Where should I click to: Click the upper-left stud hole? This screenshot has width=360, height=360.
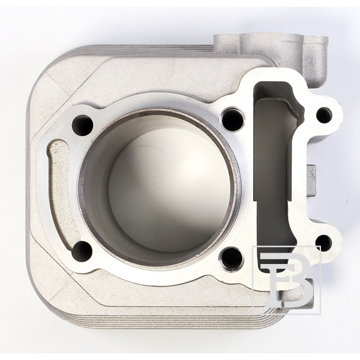coord(82,125)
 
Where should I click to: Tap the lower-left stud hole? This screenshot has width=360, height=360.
coord(82,251)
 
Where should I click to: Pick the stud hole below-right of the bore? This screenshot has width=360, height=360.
coord(230,258)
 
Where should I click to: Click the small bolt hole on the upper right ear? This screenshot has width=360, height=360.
coord(324,115)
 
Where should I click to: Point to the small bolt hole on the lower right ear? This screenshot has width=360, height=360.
coord(324,243)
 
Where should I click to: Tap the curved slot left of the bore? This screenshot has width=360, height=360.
coord(60,195)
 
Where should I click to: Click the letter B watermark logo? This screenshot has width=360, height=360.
coord(286,280)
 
